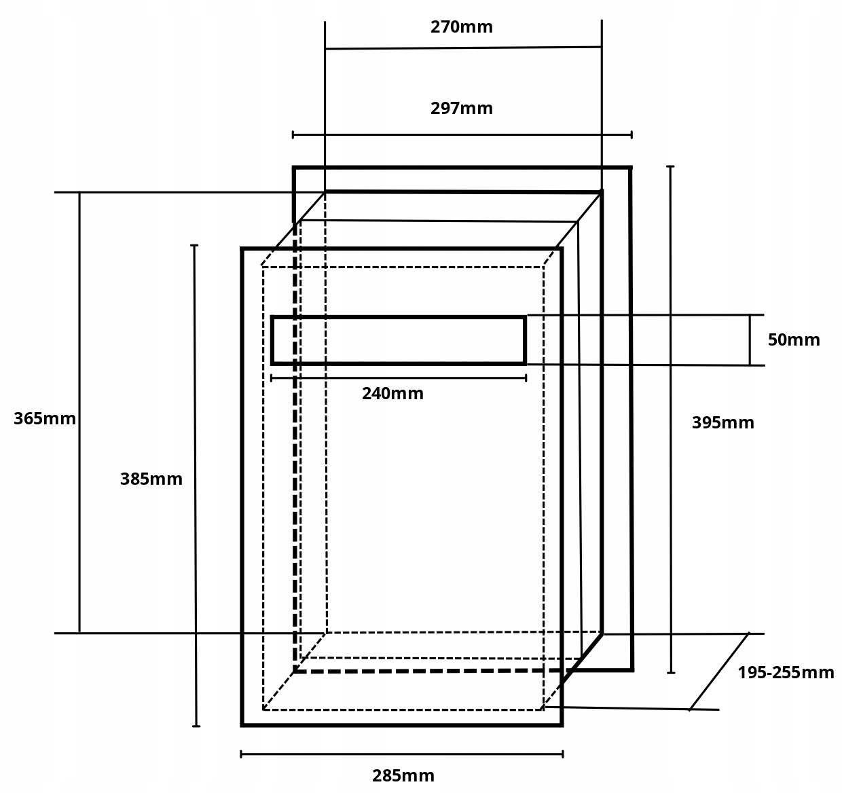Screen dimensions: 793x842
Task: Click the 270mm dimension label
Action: [461, 27]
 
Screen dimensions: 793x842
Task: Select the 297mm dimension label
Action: [461, 109]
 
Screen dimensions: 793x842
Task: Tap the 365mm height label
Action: [45, 418]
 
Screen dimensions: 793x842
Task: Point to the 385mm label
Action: [151, 479]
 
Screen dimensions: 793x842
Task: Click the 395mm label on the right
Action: [722, 423]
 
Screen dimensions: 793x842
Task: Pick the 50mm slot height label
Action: [793, 340]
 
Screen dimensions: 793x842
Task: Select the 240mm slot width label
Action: [392, 394]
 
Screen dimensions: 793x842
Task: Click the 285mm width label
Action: [403, 775]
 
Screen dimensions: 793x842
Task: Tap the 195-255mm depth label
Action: [786, 673]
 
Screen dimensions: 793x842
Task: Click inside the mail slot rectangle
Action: [399, 340]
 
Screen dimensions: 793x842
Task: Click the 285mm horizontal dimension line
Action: [402, 754]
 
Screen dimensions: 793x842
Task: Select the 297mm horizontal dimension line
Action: [462, 134]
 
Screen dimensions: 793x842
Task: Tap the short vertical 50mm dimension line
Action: [750, 340]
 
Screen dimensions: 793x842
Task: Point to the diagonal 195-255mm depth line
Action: [720, 671]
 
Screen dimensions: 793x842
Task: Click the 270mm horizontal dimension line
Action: [463, 48]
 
